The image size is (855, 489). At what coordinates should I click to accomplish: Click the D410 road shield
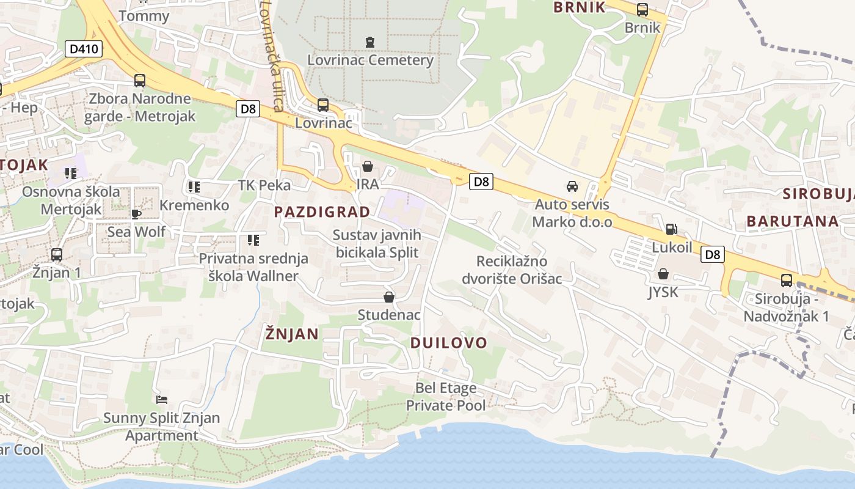click(x=83, y=49)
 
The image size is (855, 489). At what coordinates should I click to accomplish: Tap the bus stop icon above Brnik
click(x=642, y=10)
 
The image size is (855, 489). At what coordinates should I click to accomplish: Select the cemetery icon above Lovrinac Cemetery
click(x=369, y=42)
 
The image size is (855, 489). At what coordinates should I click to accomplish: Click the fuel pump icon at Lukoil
click(x=671, y=229)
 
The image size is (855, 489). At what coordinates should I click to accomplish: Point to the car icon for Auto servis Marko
click(x=572, y=186)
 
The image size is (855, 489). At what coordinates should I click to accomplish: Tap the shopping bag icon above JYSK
click(x=663, y=274)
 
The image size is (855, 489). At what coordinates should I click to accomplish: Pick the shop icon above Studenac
click(x=388, y=297)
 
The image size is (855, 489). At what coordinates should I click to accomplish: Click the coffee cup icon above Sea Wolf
click(x=136, y=214)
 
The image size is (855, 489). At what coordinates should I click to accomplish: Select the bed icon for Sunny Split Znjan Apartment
click(x=162, y=400)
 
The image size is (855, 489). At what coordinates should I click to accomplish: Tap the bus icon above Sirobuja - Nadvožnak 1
click(x=786, y=281)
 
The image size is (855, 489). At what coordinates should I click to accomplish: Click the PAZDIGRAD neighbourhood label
click(x=322, y=212)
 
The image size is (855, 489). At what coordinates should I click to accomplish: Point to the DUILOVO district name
click(x=448, y=343)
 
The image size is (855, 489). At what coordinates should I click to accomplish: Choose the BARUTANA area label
click(x=792, y=221)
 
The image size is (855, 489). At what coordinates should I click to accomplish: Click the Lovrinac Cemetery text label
click(x=370, y=61)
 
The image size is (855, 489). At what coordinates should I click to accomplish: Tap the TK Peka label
click(x=264, y=185)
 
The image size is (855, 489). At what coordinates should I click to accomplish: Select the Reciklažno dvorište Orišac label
click(x=518, y=270)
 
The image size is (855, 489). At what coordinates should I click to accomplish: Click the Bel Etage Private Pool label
click(x=446, y=397)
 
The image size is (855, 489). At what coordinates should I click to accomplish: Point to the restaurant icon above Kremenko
click(x=194, y=187)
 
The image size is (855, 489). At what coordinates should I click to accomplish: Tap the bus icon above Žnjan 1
click(x=57, y=254)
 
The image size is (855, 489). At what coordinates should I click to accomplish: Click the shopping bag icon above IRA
click(x=368, y=166)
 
